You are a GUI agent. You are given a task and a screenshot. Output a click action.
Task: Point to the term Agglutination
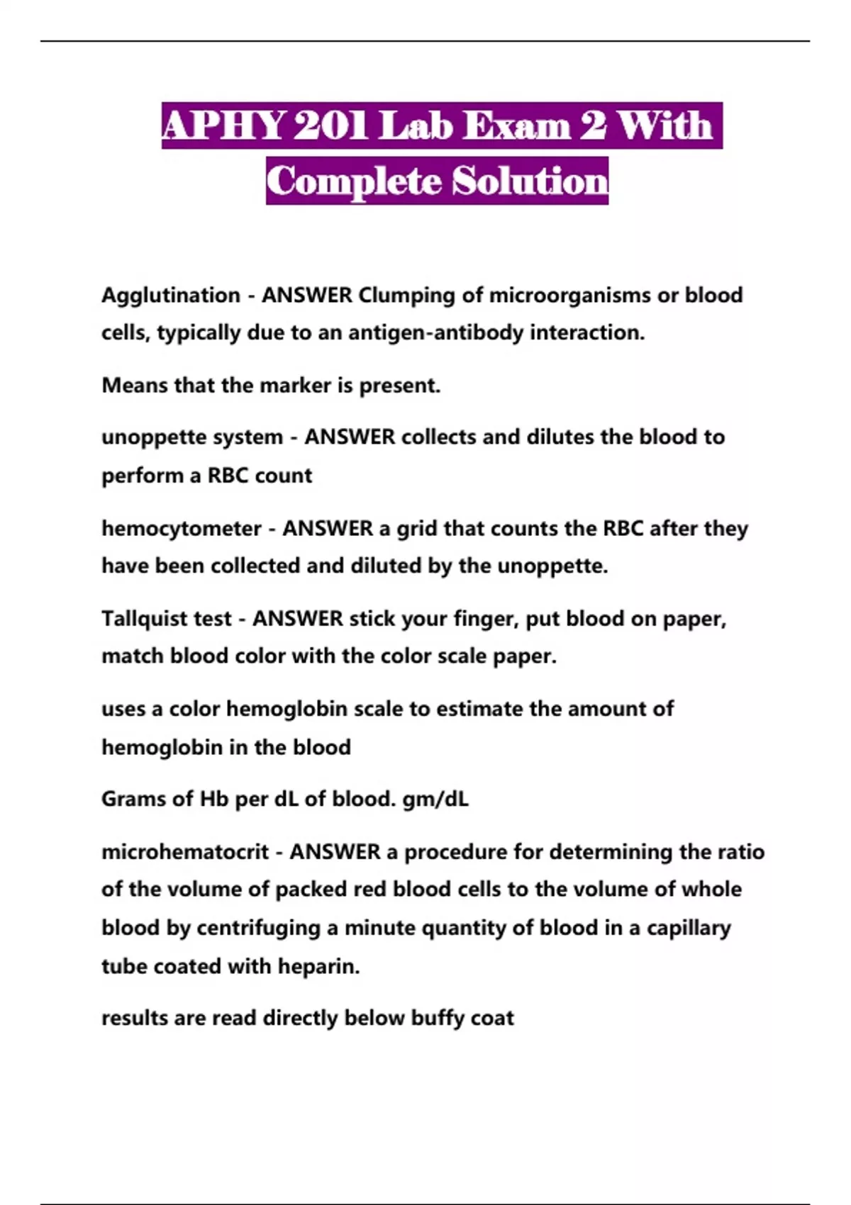171,295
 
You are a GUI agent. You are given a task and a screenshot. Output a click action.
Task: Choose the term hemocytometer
182,529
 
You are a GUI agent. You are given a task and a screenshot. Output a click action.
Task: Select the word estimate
479,709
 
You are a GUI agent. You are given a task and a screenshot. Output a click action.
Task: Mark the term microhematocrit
185,851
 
